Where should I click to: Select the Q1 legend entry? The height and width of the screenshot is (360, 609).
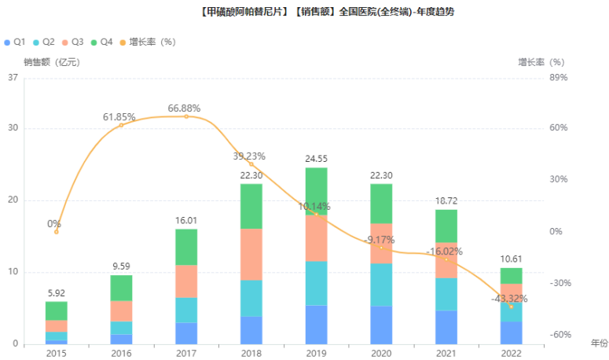(x=16, y=41)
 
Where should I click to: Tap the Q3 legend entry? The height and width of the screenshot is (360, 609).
(x=73, y=41)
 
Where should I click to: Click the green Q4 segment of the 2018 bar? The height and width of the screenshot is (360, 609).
(x=251, y=206)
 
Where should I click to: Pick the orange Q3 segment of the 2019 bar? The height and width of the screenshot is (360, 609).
(x=316, y=237)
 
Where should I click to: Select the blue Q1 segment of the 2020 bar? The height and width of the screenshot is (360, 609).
(x=381, y=325)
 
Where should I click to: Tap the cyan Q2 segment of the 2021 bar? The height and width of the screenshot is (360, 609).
(x=446, y=294)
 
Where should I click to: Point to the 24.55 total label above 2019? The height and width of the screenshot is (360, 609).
(x=316, y=160)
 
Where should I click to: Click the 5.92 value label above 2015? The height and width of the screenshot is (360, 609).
(x=56, y=293)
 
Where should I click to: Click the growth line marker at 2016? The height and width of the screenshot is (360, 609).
(x=121, y=125)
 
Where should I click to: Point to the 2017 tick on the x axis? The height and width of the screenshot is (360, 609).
(x=186, y=354)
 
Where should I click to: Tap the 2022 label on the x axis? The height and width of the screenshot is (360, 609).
(x=512, y=354)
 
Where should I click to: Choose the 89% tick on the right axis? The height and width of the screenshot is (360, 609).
(x=558, y=77)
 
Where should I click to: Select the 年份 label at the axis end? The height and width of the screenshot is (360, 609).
(x=599, y=343)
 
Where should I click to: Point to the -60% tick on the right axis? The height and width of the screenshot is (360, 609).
(x=559, y=335)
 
